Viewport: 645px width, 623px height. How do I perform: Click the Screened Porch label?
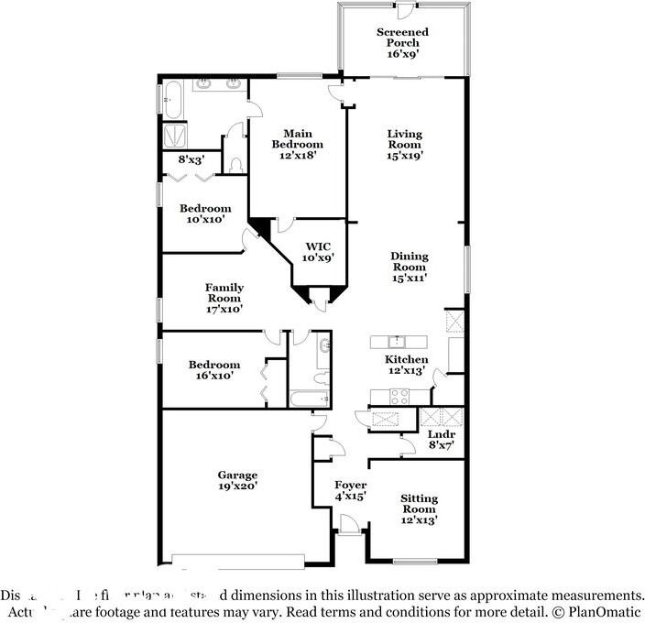[402, 43]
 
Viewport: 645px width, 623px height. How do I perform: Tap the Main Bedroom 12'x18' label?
[298, 144]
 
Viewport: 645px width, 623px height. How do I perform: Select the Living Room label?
[404, 144]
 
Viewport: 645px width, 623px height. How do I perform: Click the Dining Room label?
[410, 267]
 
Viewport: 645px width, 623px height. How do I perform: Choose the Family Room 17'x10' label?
[224, 299]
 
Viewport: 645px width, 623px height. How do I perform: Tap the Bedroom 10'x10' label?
[205, 213]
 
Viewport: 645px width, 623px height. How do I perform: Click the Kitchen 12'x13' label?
[406, 366]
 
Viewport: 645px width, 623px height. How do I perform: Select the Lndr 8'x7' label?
[442, 440]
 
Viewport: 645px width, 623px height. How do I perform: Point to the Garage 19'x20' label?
[237, 480]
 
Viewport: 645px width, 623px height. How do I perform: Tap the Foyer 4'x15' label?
[351, 490]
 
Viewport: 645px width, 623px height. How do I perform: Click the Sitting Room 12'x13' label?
[420, 508]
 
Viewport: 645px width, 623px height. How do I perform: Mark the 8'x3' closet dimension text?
[191, 159]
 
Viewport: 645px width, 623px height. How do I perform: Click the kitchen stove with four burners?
[401, 396]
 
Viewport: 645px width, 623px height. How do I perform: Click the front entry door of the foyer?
[348, 525]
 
